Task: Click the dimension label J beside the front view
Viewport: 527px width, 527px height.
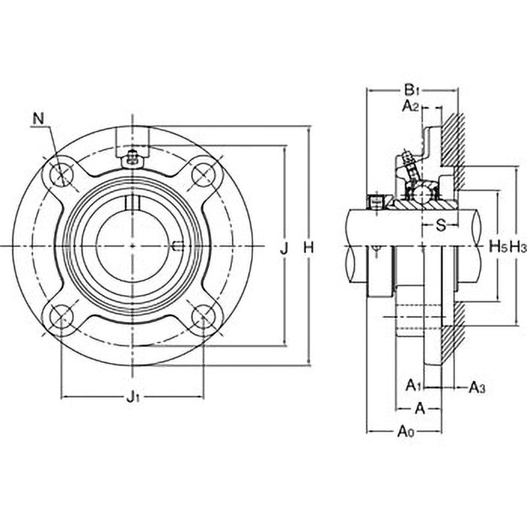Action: pos(284,248)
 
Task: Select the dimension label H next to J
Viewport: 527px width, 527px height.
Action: pos(308,248)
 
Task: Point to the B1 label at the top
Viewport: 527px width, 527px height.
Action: pos(412,89)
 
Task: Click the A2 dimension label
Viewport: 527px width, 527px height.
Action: pos(411,105)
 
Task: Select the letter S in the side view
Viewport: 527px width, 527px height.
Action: pos(442,225)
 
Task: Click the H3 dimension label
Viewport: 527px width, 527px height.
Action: pos(518,248)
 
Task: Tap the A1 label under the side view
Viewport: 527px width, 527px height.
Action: pos(413,384)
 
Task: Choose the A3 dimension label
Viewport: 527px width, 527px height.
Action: pos(476,387)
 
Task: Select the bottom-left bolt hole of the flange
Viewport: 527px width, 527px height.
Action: pos(63,317)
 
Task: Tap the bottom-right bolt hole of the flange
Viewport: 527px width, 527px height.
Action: pos(204,317)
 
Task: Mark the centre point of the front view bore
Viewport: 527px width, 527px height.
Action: pos(132,246)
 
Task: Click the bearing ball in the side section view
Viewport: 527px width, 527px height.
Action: pos(422,194)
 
